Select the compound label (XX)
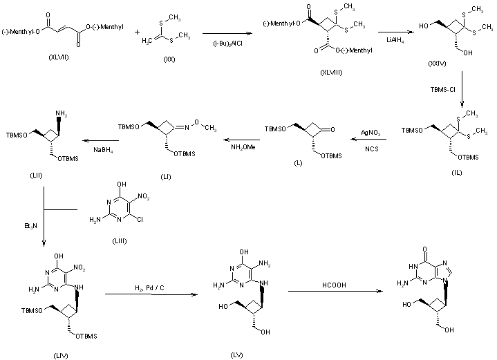169,61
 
